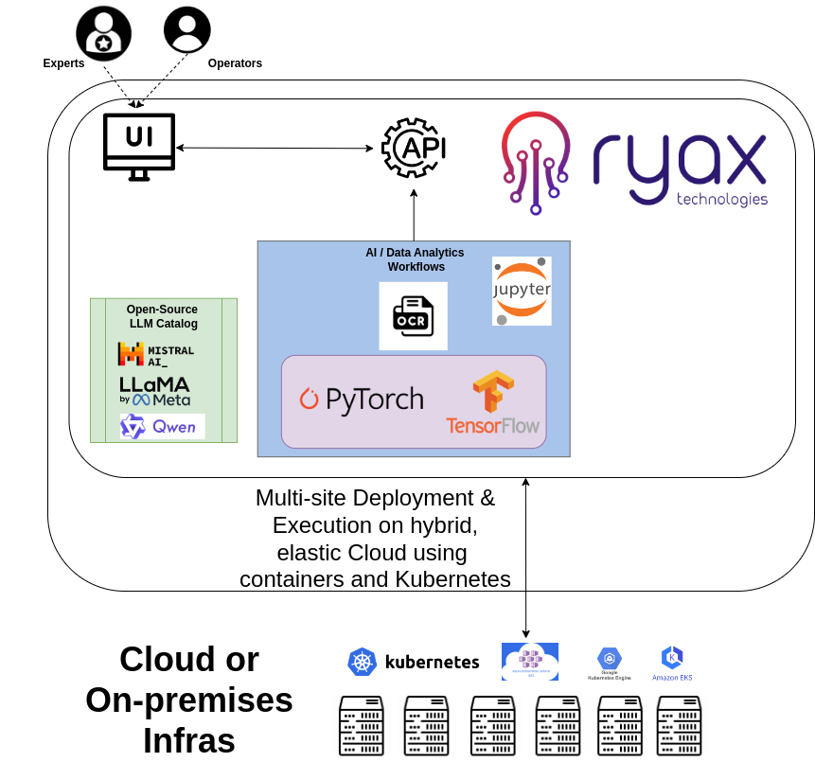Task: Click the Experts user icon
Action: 103,33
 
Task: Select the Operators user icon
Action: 187,29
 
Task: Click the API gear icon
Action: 414,149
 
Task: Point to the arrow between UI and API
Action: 275,148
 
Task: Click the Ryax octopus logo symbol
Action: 536,162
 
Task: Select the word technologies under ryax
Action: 721,199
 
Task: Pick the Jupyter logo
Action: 522,291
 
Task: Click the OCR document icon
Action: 413,316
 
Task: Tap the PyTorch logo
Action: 362,399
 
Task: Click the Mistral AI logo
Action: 155,355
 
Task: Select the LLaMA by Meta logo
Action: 154,391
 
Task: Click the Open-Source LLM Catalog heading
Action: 163,316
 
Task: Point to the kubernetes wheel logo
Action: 363,662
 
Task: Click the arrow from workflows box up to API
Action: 414,215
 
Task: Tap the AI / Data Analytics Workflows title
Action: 415,259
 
